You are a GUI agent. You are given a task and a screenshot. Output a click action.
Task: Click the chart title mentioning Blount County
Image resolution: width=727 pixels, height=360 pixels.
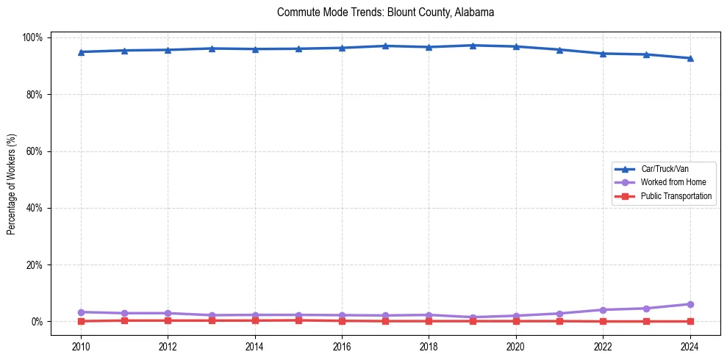(x=386, y=12)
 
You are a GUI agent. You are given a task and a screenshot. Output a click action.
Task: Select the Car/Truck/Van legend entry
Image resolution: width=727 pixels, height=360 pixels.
(x=665, y=169)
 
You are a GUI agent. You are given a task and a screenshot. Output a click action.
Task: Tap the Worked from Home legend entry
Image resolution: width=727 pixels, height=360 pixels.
(x=673, y=182)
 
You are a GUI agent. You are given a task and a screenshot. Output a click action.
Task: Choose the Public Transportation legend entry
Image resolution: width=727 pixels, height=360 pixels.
(x=676, y=196)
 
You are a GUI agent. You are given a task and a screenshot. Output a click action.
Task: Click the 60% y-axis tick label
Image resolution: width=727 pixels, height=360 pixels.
(x=37, y=151)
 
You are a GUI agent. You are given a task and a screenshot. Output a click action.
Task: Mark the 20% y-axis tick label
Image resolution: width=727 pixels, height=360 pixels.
(x=37, y=264)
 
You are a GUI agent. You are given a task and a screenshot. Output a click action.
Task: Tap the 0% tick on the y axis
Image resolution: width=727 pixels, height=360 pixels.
(x=39, y=322)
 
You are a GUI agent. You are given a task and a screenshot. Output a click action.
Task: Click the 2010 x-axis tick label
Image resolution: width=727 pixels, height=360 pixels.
(x=81, y=346)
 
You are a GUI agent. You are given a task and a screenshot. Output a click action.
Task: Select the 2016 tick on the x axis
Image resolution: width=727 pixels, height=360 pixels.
(x=342, y=346)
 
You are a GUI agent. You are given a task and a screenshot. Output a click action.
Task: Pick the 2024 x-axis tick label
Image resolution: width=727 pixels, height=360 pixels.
(x=690, y=346)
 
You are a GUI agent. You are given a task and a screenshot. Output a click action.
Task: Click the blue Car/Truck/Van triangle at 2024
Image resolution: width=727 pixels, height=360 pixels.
(x=690, y=58)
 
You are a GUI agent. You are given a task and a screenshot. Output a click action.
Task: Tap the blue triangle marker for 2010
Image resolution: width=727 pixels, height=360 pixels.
(x=81, y=51)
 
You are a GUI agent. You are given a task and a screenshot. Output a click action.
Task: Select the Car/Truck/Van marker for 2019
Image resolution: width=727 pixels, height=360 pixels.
(x=472, y=46)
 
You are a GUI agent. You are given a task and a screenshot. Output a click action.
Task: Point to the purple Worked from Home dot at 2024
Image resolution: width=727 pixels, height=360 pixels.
(x=690, y=304)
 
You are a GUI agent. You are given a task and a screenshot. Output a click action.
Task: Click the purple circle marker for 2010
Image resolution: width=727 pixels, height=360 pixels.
(x=81, y=312)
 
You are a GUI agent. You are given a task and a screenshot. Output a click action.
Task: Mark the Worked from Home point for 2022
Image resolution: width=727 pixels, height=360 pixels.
(x=603, y=310)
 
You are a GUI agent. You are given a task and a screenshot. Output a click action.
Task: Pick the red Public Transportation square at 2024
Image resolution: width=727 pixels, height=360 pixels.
(x=690, y=321)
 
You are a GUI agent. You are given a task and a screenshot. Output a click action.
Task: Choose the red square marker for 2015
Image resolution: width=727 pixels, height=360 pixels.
(x=298, y=320)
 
